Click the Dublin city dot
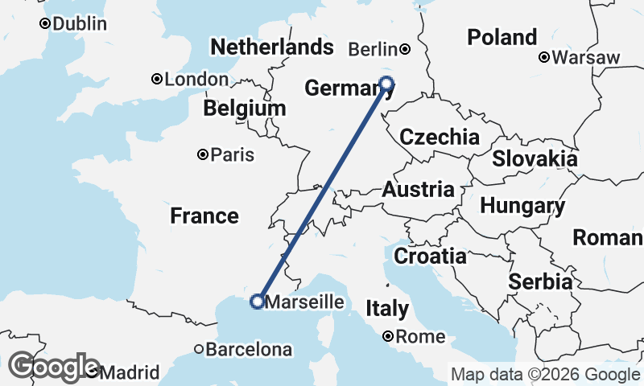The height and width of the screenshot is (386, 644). (46, 24)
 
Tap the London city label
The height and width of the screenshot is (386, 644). (184, 80)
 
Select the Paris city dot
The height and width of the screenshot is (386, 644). (203, 154)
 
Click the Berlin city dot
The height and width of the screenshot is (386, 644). (406, 49)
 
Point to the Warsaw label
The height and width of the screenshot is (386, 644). (586, 57)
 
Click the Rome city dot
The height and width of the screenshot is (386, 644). (389, 337)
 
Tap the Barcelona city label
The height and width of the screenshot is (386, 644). (249, 350)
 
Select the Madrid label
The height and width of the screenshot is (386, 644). (130, 373)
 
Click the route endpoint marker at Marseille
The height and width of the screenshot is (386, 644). (257, 302)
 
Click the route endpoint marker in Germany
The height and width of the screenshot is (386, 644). (386, 83)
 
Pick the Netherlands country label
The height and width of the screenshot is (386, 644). (271, 47)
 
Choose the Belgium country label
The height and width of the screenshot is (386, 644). (244, 109)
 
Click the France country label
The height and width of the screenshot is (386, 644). (204, 216)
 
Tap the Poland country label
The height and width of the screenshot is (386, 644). (502, 37)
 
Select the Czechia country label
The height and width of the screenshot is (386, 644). (440, 137)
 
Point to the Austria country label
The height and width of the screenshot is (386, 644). (418, 191)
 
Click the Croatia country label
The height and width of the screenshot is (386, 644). (430, 257)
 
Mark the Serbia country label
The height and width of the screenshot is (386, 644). (540, 281)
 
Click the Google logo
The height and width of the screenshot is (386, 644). (53, 368)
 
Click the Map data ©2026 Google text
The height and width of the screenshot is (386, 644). (544, 374)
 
